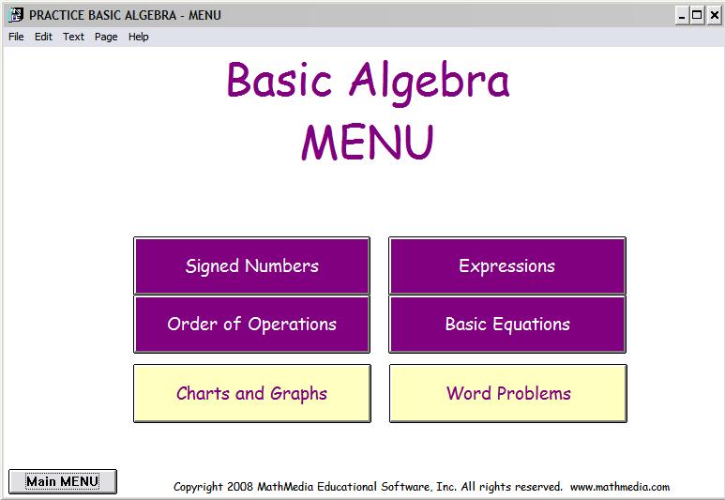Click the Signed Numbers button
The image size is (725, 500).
tap(251, 266)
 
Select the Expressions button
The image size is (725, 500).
tap(506, 266)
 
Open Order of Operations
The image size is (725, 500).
tap(251, 325)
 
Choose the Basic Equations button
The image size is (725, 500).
tap(506, 325)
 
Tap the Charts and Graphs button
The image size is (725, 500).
tap(251, 393)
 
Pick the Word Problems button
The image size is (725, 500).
tap(507, 393)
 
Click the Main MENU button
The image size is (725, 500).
tap(62, 481)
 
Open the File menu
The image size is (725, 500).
tap(16, 37)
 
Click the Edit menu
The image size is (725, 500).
tap(43, 37)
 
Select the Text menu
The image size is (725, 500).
tap(73, 37)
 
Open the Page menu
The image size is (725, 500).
tap(106, 37)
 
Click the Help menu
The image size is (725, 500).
tap(139, 37)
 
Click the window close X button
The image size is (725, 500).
tap(713, 15)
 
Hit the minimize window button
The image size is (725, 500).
tap(682, 15)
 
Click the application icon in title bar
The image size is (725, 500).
tap(16, 15)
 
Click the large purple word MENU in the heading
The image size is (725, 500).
tap(367, 143)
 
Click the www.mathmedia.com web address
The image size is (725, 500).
tap(620, 487)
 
